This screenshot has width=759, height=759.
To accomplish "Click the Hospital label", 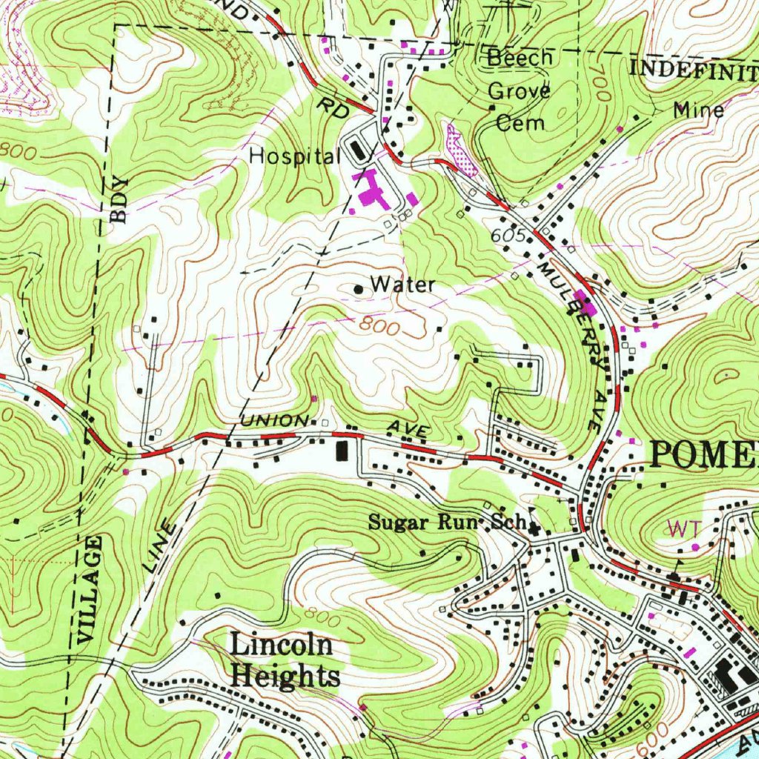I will tap(294, 156).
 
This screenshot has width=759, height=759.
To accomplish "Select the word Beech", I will tap(520, 58).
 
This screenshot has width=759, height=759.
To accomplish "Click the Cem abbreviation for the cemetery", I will tap(520, 122).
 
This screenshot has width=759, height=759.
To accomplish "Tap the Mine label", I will tap(698, 110).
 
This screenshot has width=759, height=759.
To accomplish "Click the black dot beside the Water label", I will tap(359, 289).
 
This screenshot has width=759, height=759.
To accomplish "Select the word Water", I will tap(402, 284).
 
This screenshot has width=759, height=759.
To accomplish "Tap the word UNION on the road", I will tap(274, 420).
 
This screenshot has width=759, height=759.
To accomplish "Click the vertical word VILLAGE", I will tap(88, 590).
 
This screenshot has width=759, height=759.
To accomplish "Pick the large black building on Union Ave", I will tap(342, 450).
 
